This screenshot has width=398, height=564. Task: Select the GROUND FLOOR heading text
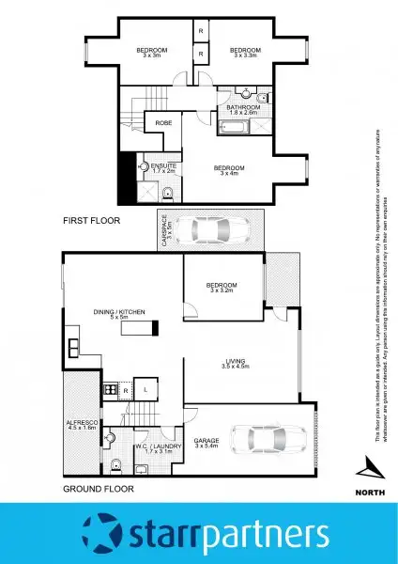pos(98,489)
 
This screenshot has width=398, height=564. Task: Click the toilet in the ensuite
pos(166,195)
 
